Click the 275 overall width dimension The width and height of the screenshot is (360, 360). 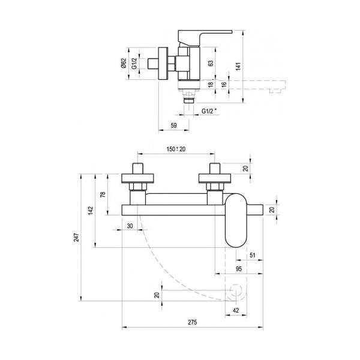(x=193, y=322)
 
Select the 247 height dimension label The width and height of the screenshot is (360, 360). (x=76, y=238)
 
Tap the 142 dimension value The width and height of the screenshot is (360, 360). (x=91, y=211)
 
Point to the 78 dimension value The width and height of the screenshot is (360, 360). (x=103, y=194)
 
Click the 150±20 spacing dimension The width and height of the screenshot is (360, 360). (x=176, y=149)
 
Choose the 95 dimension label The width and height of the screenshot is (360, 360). (x=239, y=269)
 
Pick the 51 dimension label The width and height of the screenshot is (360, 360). (x=253, y=255)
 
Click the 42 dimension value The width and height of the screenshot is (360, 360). (x=236, y=310)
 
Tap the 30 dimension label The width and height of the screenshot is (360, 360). (x=130, y=226)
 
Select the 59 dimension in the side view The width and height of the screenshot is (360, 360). (x=174, y=125)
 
